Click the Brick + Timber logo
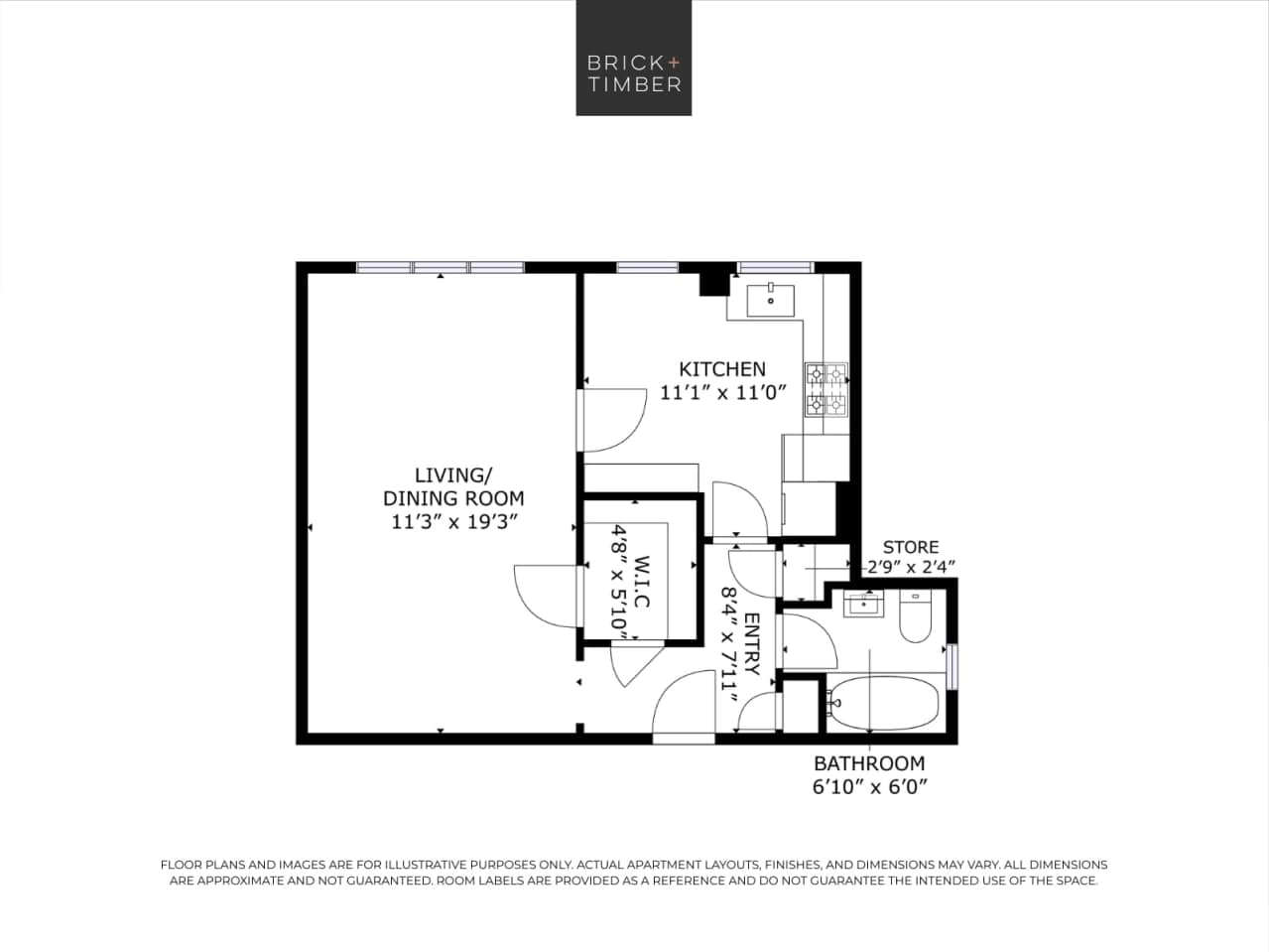[633, 58]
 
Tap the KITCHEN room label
[721, 368]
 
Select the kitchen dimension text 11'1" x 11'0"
[721, 392]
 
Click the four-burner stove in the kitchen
[825, 389]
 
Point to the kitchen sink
[770, 297]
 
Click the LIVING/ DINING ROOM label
[453, 486]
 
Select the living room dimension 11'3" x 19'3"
[453, 521]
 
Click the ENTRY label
[751, 643]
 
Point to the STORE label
[910, 547]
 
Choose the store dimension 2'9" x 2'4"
[910, 568]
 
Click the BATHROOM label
[868, 763]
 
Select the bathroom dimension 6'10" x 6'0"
[868, 787]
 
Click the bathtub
[882, 704]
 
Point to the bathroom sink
[863, 604]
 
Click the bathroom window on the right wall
[952, 666]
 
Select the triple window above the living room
[440, 267]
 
